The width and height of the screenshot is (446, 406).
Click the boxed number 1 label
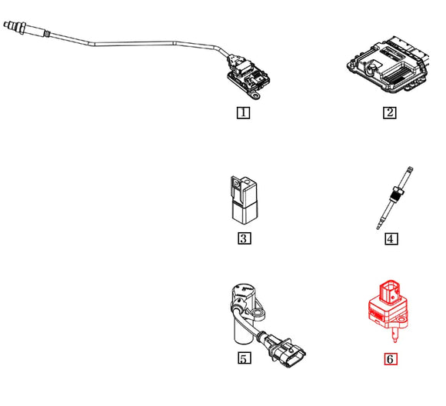[242, 112]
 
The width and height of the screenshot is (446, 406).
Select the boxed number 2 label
[390, 112]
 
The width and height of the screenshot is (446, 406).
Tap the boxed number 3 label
[242, 238]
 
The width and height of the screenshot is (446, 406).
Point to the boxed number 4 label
[391, 238]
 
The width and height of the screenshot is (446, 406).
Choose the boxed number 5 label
[242, 358]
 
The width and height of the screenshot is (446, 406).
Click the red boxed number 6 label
[391, 358]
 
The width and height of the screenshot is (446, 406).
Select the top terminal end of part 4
[411, 171]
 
